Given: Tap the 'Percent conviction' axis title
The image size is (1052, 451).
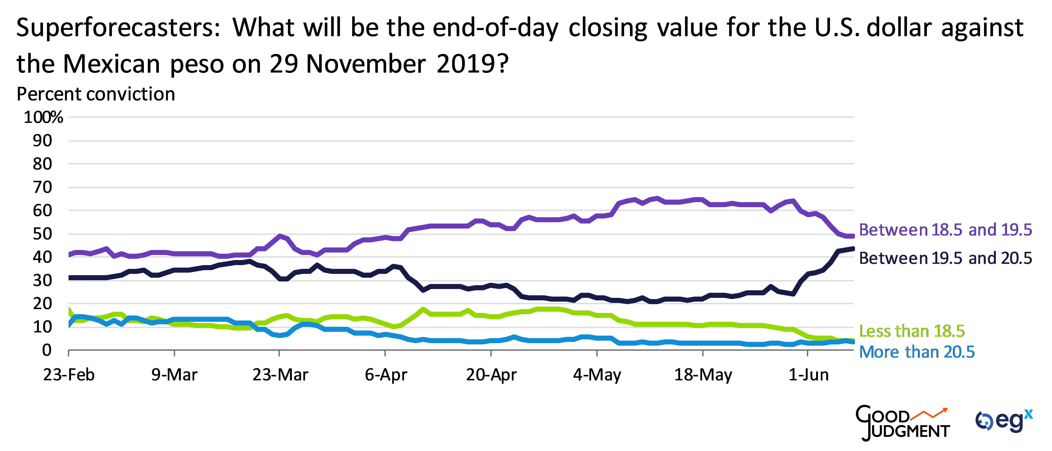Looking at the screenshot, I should point(96,94).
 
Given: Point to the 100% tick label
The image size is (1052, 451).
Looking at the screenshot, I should point(43,118).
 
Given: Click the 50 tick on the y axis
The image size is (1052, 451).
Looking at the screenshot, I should point(42,234).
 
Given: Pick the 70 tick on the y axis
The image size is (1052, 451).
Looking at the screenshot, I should point(42,188).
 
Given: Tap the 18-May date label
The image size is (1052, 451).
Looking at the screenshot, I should point(703,375).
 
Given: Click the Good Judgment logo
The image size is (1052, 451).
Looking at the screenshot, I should point(902,423).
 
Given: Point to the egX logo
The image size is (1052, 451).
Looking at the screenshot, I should point(1004,421).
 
